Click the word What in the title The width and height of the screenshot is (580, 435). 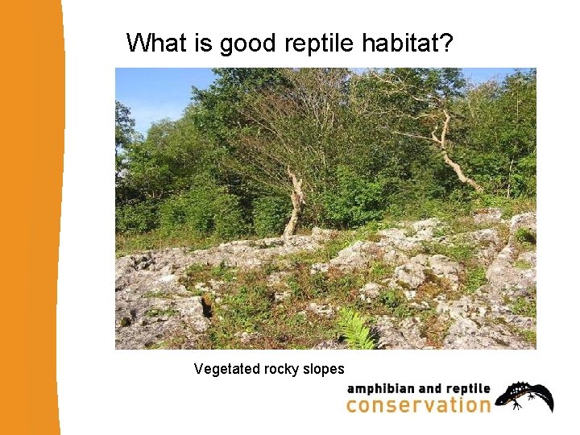point(156,43)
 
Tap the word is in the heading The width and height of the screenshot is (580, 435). point(202,43)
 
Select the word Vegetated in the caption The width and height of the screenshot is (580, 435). point(227,370)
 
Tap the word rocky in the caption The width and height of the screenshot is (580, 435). point(281,370)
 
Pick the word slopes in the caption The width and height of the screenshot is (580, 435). point(324,370)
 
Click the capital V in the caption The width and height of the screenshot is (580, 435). point(198,369)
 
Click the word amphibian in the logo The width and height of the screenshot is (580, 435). point(381,389)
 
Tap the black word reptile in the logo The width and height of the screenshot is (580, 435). point(468,390)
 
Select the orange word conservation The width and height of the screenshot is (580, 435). point(418,404)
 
